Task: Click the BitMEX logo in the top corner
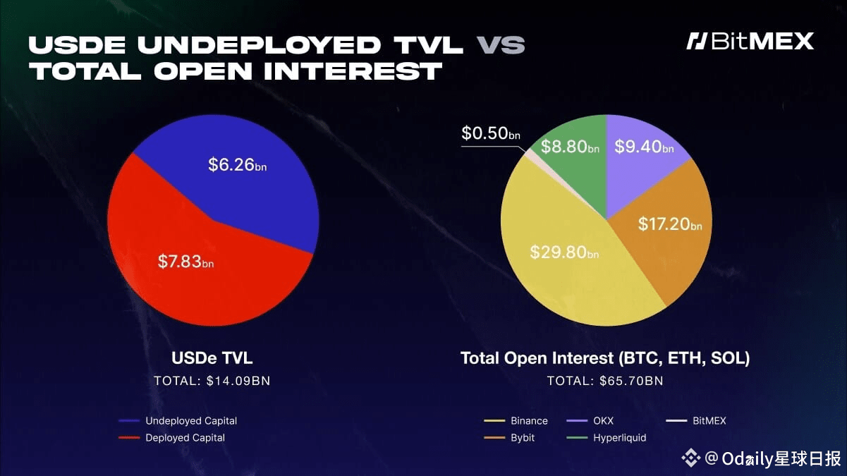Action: point(750,41)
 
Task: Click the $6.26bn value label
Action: point(238,165)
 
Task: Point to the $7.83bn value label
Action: point(185,262)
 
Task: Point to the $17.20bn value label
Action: point(670,224)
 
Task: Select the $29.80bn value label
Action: point(564,252)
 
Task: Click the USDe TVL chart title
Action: point(212,358)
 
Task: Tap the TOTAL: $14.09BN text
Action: point(212,381)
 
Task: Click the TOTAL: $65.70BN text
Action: point(605,381)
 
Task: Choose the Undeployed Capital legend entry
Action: point(178,421)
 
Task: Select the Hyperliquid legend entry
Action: point(607,438)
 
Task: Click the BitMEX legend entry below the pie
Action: point(696,421)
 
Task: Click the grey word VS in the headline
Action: point(500,45)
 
